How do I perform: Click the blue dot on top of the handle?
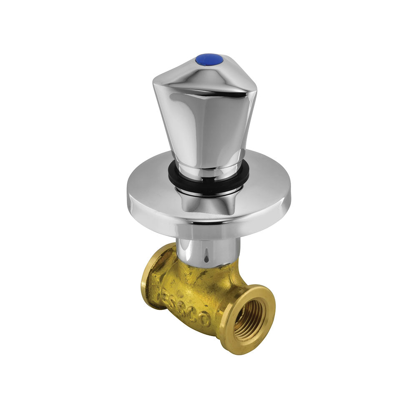point(209,60)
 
